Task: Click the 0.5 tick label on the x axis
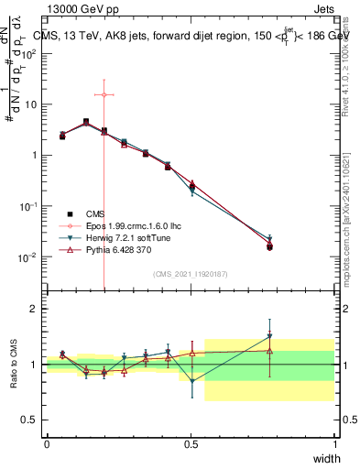(x=191, y=444)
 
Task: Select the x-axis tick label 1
(x=335, y=444)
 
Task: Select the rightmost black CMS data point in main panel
(x=269, y=246)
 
